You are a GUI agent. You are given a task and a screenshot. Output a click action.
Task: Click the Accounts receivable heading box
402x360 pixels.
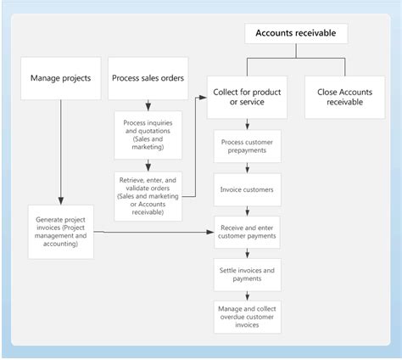(x=296, y=34)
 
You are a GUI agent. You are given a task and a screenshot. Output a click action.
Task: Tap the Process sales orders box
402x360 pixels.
(x=148, y=78)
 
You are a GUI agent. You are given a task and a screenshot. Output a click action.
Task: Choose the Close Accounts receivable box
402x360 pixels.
(x=339, y=97)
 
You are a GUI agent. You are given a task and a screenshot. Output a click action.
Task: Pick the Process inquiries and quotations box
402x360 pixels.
(x=148, y=134)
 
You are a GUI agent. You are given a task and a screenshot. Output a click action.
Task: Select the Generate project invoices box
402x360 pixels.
(x=61, y=231)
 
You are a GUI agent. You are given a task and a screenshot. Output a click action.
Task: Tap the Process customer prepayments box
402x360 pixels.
(x=246, y=145)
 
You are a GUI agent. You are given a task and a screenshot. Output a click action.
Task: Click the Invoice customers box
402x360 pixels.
(x=246, y=190)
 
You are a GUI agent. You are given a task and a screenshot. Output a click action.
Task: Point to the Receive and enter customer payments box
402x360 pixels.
(x=246, y=233)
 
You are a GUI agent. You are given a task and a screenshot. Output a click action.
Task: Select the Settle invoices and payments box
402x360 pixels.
(x=246, y=274)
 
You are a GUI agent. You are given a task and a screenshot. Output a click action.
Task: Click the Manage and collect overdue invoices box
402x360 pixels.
(x=246, y=315)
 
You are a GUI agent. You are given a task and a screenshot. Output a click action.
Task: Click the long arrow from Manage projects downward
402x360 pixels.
(x=61, y=153)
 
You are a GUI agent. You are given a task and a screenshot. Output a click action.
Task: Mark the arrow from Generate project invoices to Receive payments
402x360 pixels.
(x=153, y=231)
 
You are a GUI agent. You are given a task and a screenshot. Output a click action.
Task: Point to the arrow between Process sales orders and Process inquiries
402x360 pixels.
(x=148, y=104)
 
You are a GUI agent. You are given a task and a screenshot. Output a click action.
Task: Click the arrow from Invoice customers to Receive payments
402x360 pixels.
(x=246, y=211)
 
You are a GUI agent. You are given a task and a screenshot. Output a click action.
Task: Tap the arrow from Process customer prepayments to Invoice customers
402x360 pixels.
(x=246, y=168)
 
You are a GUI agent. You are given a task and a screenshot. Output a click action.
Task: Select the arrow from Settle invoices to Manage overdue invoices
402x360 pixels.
(x=246, y=294)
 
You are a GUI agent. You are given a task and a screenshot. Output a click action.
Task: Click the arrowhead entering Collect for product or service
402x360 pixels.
(x=203, y=98)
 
